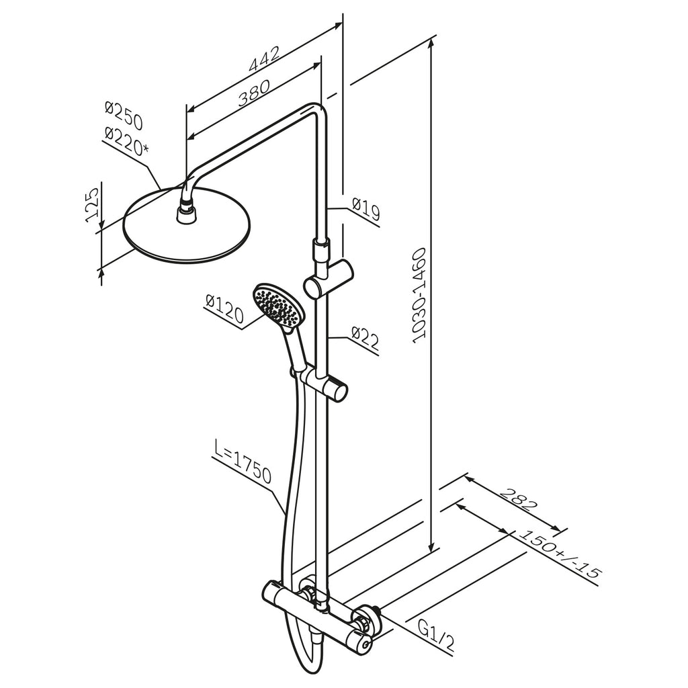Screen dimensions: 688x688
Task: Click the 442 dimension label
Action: [264, 59]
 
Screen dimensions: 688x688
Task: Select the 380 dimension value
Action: [254, 94]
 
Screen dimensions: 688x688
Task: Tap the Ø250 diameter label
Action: [124, 116]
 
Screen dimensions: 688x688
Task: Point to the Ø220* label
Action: [126, 140]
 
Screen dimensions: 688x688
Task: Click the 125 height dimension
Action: [91, 205]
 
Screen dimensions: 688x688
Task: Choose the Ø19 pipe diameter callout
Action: [366, 210]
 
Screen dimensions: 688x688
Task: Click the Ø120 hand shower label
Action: [224, 309]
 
